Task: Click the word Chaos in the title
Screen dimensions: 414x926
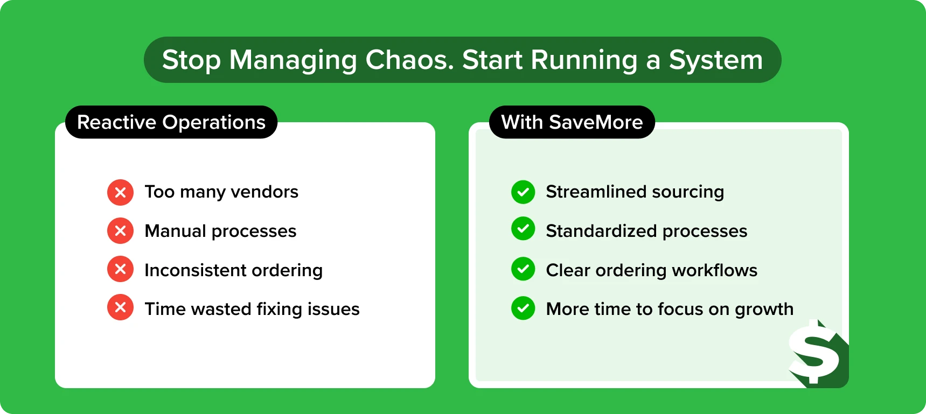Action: (x=409, y=60)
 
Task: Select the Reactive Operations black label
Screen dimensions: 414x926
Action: (x=171, y=122)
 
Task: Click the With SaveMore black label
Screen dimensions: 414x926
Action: (x=572, y=122)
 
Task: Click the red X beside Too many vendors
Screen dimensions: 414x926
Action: (x=121, y=192)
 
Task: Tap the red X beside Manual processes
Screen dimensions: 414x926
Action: (x=121, y=231)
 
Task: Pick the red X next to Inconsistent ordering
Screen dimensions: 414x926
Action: (x=121, y=269)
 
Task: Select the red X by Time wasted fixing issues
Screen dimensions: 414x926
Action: (x=121, y=307)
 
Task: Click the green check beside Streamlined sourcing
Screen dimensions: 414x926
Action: (x=523, y=192)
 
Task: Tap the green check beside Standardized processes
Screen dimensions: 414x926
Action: (x=523, y=229)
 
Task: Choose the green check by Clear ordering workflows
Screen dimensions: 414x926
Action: (x=523, y=269)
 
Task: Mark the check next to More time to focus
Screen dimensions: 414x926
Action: (x=523, y=308)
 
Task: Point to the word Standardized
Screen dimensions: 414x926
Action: (x=601, y=231)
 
